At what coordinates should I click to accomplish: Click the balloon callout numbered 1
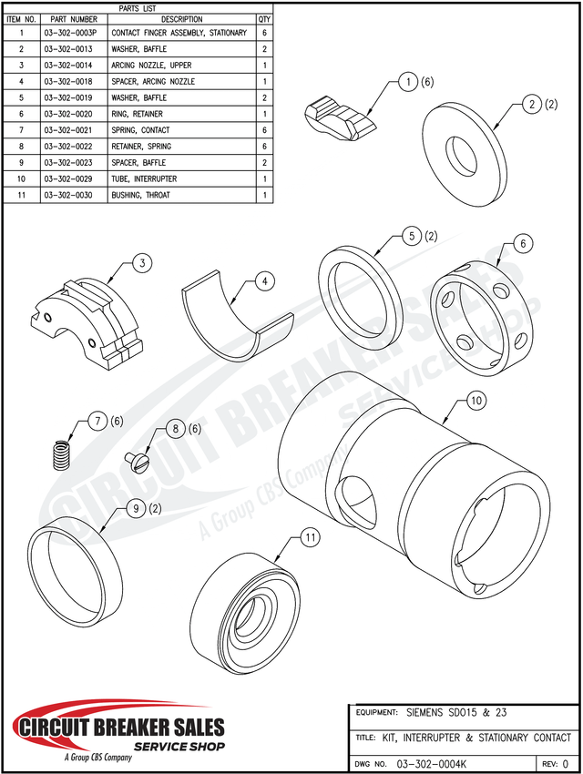[409, 82]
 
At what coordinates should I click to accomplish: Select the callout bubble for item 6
[523, 243]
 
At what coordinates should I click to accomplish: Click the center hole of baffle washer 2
[464, 151]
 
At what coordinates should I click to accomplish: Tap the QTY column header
[264, 18]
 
